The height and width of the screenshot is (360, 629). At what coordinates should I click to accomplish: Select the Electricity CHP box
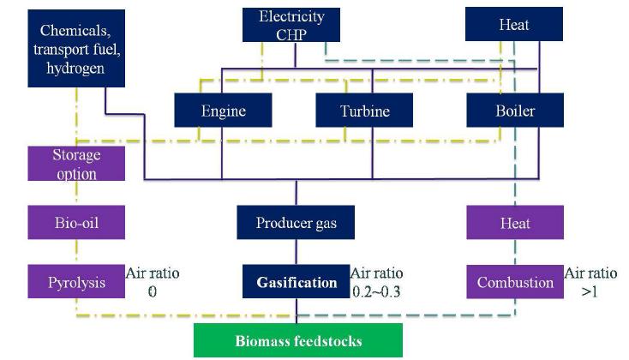[296, 24]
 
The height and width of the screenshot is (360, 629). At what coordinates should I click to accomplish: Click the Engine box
[223, 111]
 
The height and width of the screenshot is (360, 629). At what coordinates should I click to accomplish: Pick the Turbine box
[364, 111]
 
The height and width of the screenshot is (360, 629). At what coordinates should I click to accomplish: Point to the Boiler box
[514, 111]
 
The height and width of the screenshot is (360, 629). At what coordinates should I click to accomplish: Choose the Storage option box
[75, 163]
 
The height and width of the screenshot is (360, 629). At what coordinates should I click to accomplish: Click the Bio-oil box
[75, 223]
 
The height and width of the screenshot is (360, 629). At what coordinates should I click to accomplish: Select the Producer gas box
[296, 223]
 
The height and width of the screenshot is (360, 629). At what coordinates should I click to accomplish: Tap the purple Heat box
[514, 223]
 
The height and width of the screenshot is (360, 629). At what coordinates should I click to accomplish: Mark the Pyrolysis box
[75, 282]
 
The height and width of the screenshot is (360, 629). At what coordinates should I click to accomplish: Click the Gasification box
[296, 282]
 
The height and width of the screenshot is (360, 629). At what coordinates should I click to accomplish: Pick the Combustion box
[514, 282]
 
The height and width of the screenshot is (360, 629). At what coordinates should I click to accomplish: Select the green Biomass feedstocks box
[298, 340]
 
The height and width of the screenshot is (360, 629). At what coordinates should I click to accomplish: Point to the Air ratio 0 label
[153, 282]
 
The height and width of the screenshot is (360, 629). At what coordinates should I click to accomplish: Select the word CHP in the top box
[296, 33]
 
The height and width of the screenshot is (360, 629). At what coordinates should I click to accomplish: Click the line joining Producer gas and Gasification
[297, 252]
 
